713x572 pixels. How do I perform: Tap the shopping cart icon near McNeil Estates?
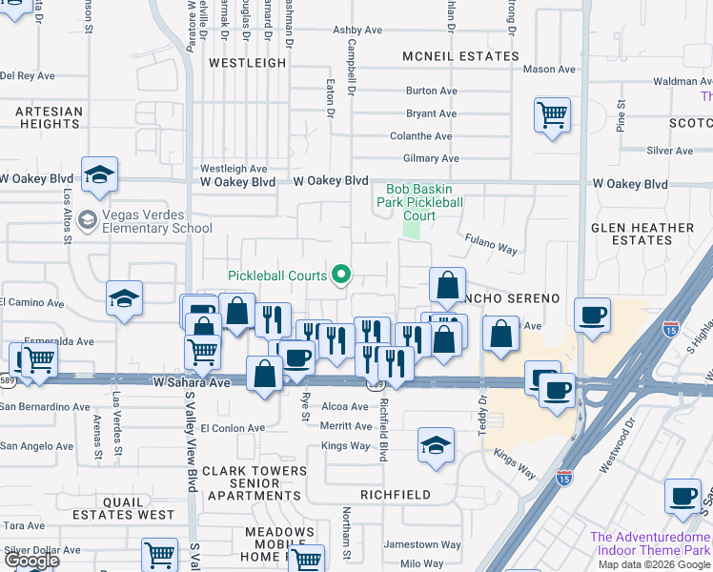[x=552, y=115]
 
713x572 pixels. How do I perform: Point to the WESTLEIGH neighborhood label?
[x=247, y=63]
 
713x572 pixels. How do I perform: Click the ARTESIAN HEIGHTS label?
[x=50, y=118]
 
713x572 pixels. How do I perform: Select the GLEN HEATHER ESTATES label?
[x=642, y=234]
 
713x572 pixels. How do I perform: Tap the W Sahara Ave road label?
[x=193, y=382]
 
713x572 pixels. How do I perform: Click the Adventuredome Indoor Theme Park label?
[x=651, y=543]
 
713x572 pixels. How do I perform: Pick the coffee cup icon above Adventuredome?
[x=682, y=497]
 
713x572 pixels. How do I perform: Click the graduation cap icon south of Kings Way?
[x=436, y=445]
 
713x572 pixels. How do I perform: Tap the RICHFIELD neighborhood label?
[x=395, y=496]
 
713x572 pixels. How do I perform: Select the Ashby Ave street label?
[x=357, y=31]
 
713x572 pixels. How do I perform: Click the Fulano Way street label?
[x=491, y=244]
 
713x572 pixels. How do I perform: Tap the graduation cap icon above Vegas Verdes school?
[x=99, y=174]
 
